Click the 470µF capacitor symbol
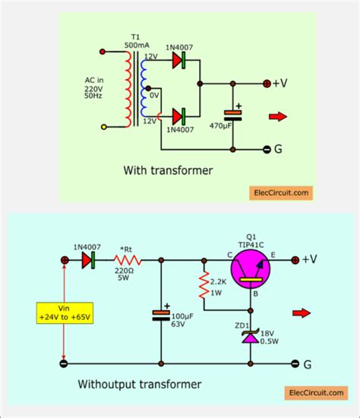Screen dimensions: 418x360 click(234, 115)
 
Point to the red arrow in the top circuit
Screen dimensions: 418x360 click(278, 116)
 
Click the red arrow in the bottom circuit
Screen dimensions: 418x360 click(302, 312)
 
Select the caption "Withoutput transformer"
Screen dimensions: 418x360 click(141, 385)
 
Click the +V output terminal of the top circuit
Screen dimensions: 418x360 click(266, 83)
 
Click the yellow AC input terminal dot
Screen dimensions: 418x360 click(104, 127)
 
